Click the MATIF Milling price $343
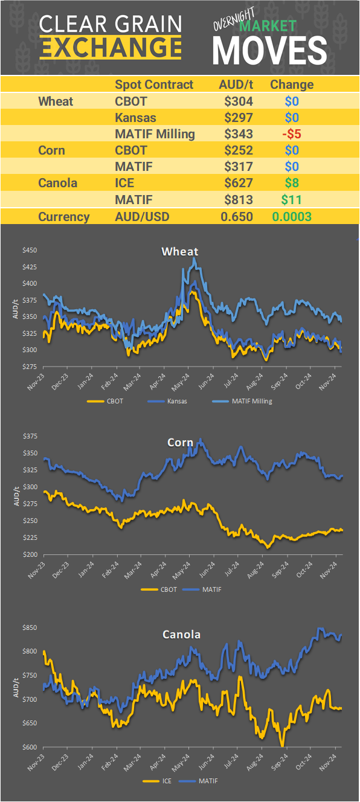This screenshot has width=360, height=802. click(238, 133)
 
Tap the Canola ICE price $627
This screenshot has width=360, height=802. click(238, 182)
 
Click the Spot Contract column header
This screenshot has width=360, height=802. click(154, 85)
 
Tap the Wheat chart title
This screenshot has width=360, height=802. click(179, 251)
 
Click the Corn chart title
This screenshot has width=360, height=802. click(180, 443)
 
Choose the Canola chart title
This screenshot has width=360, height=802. click(181, 634)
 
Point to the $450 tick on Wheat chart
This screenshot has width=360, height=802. click(30, 250)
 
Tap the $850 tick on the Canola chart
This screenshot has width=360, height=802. click(30, 628)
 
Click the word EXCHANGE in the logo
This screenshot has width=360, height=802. click(111, 47)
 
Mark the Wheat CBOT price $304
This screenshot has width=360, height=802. click(238, 101)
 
